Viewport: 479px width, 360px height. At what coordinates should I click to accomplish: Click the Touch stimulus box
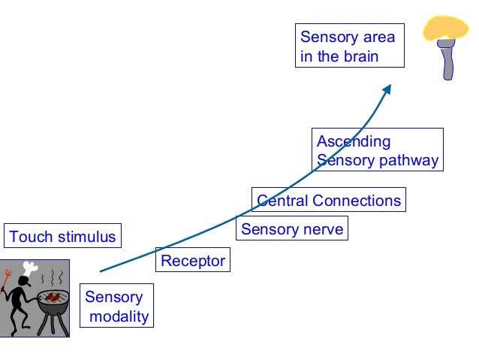coord(62,235)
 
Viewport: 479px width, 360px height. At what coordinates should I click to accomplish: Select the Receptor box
coord(193,260)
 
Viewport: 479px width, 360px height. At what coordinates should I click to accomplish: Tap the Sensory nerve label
coord(292,229)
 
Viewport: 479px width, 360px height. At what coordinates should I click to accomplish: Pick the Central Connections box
coord(329,199)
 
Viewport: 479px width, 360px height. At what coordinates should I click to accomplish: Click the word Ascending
coord(354,141)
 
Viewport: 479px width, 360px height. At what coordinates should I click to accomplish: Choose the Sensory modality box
coord(116,306)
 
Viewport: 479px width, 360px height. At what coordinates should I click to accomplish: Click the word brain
coord(361,56)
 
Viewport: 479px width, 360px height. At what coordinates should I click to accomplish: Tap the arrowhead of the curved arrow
coord(387,89)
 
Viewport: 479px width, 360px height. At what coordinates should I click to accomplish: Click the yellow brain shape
coord(445,28)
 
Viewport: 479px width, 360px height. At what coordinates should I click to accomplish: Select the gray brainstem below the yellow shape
coord(447,59)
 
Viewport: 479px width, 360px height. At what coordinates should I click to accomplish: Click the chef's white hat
coord(30,268)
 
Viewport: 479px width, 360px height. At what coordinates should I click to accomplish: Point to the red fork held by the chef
coord(5,280)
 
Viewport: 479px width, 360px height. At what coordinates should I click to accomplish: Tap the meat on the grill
coord(53,297)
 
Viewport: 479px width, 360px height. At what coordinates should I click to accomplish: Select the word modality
coord(119,316)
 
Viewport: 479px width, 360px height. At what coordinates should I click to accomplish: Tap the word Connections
coord(357,201)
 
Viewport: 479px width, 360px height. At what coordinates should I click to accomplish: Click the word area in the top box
coord(379,38)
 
